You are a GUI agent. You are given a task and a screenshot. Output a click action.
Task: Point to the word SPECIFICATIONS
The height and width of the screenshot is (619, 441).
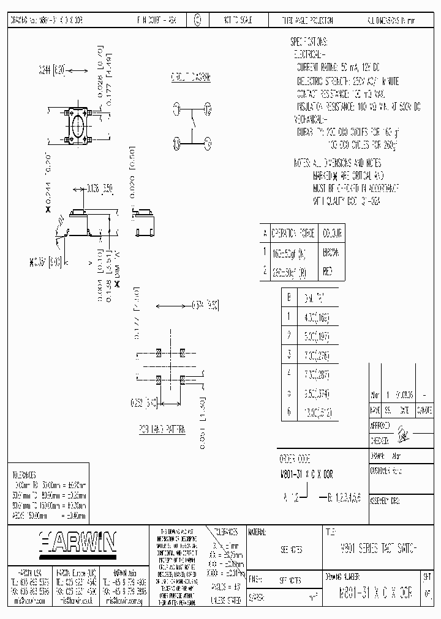309,42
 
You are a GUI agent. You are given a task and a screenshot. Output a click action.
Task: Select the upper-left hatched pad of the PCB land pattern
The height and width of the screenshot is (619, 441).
159,354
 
